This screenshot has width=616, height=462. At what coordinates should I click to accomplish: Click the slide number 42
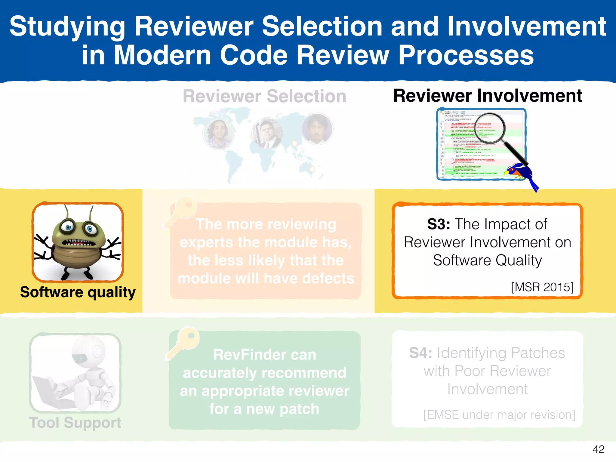(x=598, y=449)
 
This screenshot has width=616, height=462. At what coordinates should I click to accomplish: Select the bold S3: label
(x=439, y=224)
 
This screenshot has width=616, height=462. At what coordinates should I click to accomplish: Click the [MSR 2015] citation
(x=542, y=287)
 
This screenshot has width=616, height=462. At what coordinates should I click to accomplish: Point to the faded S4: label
(x=420, y=353)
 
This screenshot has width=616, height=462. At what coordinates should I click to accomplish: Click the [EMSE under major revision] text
(x=499, y=414)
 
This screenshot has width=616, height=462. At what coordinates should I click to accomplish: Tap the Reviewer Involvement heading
(x=487, y=96)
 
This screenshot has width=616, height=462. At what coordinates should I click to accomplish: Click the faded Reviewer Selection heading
(x=264, y=96)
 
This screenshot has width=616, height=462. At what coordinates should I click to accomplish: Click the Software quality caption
(x=78, y=292)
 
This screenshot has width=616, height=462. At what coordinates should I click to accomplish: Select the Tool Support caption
(x=75, y=422)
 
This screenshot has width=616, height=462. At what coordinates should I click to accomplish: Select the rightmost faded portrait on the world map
(x=317, y=129)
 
